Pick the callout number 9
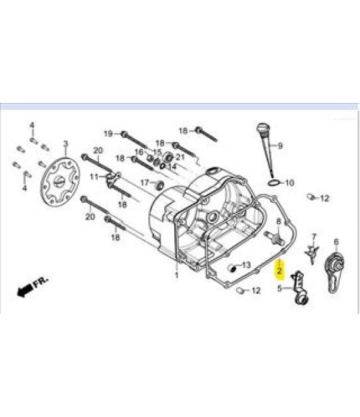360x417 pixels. tap(280, 145)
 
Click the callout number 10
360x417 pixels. tap(289, 183)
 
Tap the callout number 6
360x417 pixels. tap(335, 241)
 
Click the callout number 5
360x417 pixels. tap(279, 289)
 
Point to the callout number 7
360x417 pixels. tap(314, 237)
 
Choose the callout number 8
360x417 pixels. tap(278, 221)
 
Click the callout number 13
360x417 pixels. tap(246, 264)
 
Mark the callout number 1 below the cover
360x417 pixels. tap(177, 275)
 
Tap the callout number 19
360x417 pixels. tap(108, 133)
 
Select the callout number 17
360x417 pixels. tap(145, 183)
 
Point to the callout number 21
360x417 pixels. tap(180, 157)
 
